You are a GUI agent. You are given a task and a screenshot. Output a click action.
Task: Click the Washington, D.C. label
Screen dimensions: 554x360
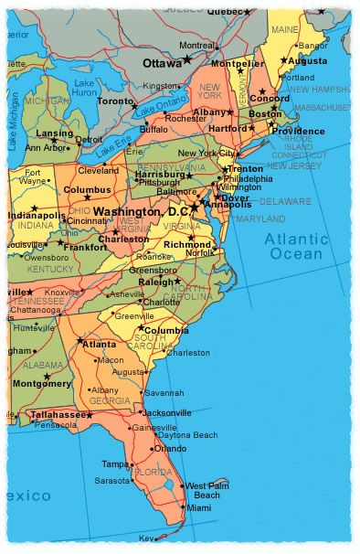pyautogui.click(x=139, y=211)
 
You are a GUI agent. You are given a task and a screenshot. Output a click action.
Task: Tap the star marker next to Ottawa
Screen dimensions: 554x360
pyautogui.click(x=188, y=60)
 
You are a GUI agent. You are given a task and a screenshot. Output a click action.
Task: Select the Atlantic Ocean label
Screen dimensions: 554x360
pyautogui.click(x=296, y=246)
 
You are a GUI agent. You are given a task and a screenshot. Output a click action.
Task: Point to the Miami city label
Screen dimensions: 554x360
pyautogui.click(x=198, y=507)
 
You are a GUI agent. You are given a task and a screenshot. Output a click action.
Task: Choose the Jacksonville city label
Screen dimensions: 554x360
pyautogui.click(x=166, y=412)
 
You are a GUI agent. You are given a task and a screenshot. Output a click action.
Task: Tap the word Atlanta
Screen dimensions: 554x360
pyautogui.click(x=100, y=344)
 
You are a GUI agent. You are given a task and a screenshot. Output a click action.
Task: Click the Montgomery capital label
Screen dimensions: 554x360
pyautogui.click(x=42, y=383)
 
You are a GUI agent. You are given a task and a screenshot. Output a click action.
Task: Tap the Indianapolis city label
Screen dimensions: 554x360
pyautogui.click(x=37, y=215)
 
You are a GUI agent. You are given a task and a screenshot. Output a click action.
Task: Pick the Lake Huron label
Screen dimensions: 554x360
pyautogui.click(x=84, y=88)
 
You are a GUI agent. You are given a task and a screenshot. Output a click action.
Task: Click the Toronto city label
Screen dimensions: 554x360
pyautogui.click(x=114, y=101)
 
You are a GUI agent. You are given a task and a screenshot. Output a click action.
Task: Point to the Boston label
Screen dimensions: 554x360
pyautogui.click(x=266, y=113)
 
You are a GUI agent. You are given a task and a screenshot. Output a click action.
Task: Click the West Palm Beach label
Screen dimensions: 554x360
pyautogui.click(x=206, y=490)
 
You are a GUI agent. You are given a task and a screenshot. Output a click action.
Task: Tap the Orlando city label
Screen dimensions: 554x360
pyautogui.click(x=170, y=449)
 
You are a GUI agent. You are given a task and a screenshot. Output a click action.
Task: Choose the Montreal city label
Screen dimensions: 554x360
pyautogui.click(x=198, y=46)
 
